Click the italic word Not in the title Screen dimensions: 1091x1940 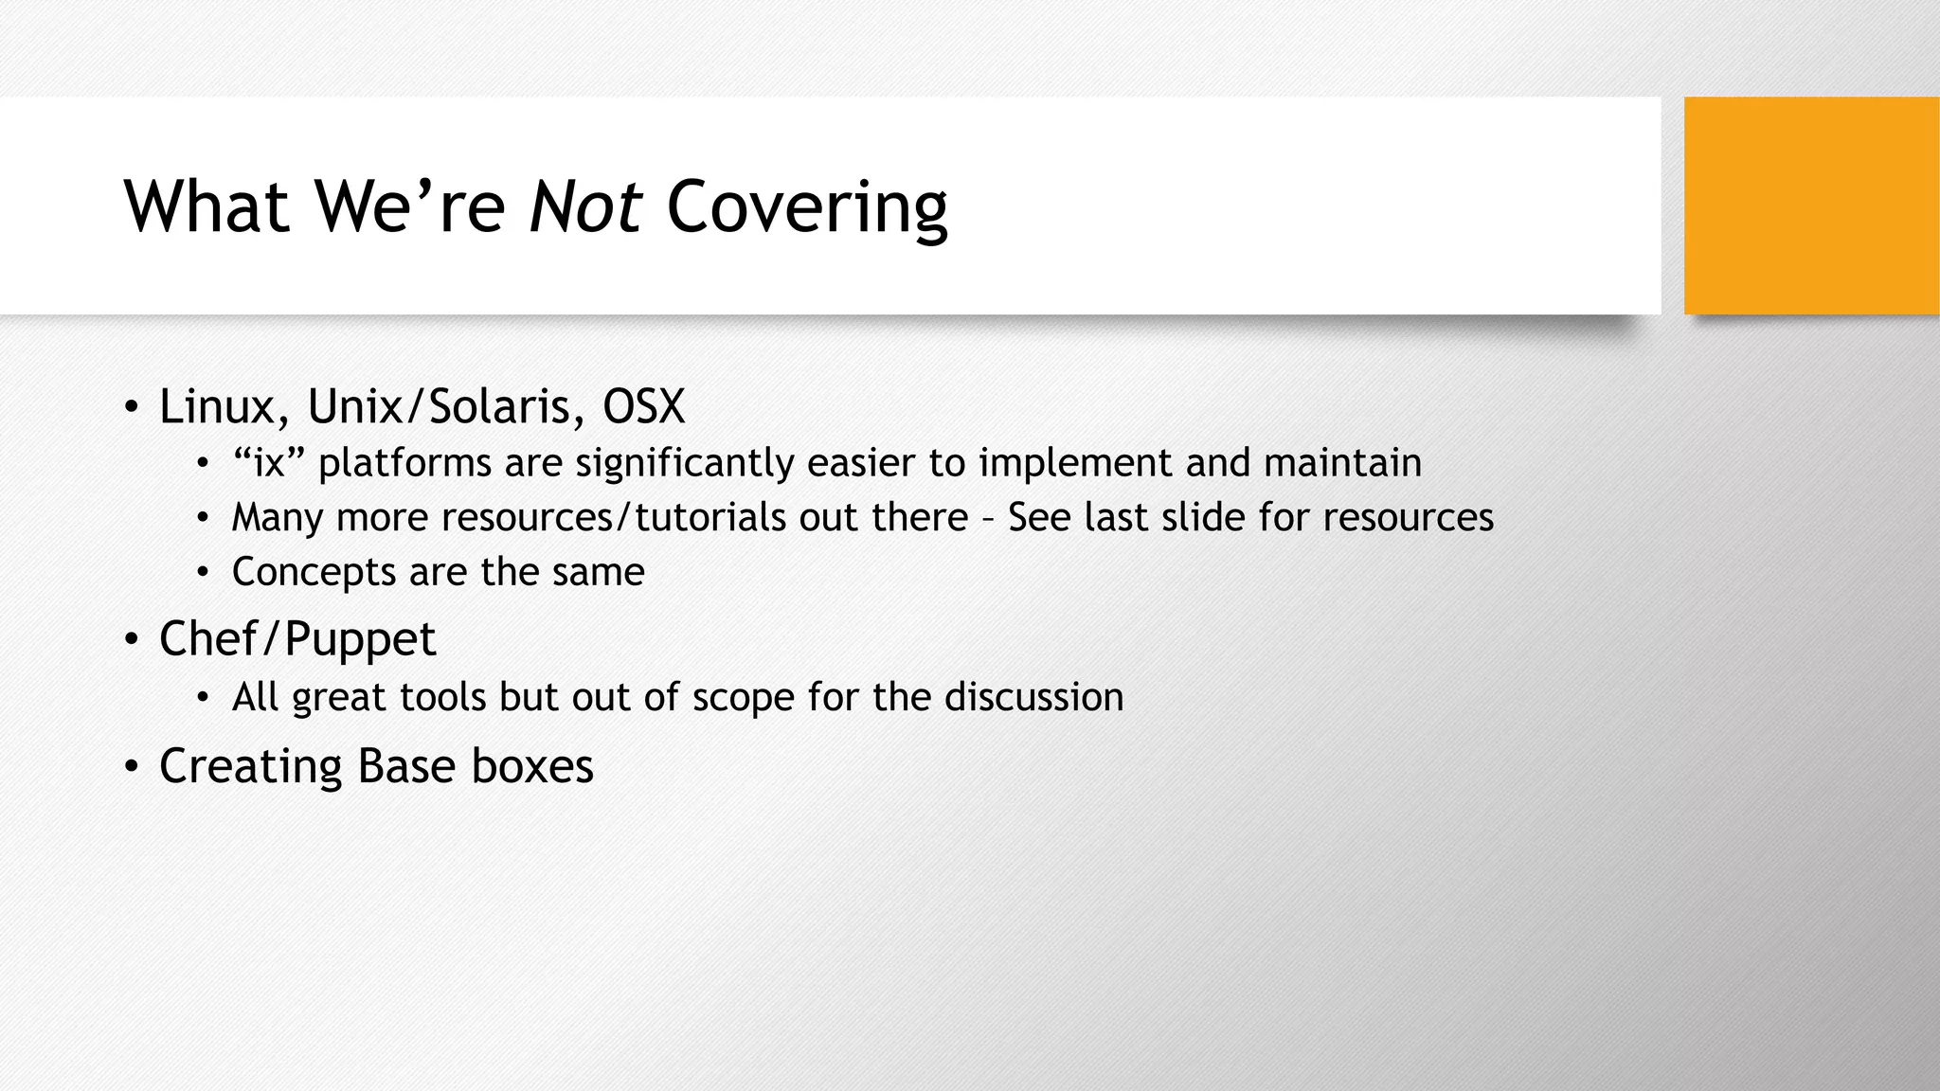click(585, 206)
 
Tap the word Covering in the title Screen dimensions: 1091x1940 click(806, 206)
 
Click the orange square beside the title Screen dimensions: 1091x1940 click(1811, 206)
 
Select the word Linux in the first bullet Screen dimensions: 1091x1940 click(216, 406)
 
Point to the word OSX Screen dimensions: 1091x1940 click(643, 406)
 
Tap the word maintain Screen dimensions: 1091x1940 click(1342, 463)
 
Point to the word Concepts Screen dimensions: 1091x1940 click(314, 572)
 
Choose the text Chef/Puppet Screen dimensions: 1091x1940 click(297, 638)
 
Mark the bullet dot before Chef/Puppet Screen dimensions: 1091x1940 click(131, 639)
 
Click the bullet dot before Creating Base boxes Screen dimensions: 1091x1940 click(131, 766)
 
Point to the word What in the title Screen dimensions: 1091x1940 click(206, 206)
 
